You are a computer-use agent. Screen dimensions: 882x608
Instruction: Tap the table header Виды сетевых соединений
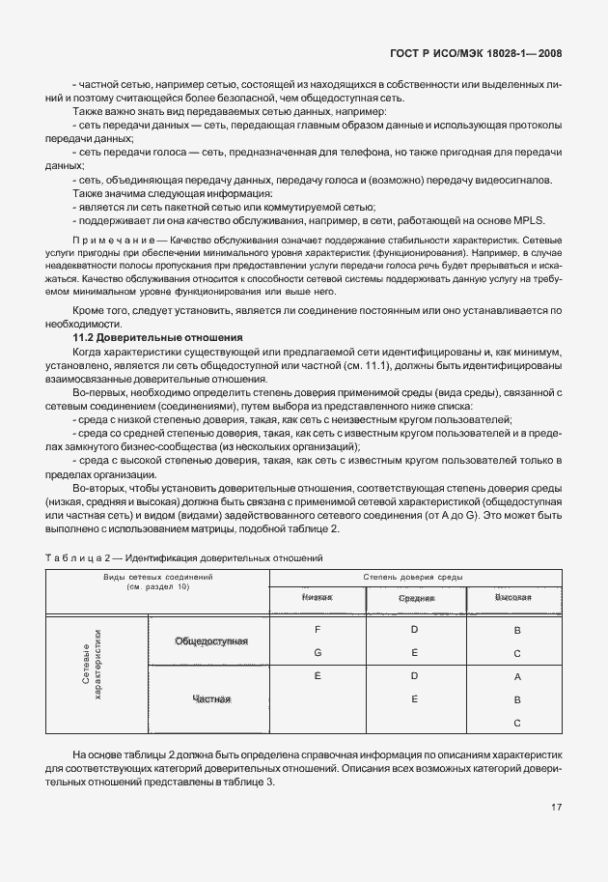(158, 577)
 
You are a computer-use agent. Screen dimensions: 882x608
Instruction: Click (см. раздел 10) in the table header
(158, 587)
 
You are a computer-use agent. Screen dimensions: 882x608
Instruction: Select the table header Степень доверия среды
(415, 577)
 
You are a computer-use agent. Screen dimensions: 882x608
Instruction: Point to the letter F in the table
(318, 630)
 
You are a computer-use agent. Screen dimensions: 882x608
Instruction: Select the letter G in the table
(318, 652)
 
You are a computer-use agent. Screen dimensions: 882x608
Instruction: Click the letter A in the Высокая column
(517, 677)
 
